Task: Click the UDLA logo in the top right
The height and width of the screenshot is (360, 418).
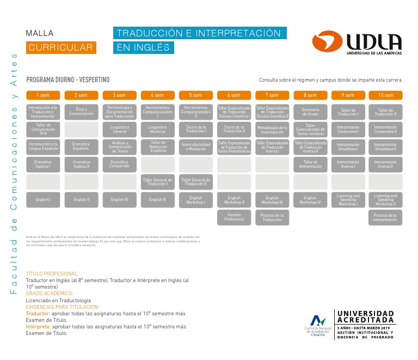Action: (x=357, y=42)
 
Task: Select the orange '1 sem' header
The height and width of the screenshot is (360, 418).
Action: (x=43, y=95)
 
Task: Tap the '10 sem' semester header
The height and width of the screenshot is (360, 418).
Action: (x=385, y=95)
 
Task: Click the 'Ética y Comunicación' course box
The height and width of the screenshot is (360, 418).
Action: (x=81, y=112)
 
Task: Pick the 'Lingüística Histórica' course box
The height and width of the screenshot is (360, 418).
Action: (x=157, y=129)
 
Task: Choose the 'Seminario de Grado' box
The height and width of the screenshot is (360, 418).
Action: (x=310, y=112)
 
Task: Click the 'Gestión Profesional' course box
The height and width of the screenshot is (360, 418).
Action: (x=234, y=217)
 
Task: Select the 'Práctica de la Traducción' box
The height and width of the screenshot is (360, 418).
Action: (x=272, y=217)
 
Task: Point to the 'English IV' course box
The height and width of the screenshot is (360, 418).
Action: (x=157, y=200)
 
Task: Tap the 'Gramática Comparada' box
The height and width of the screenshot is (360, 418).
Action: (x=119, y=164)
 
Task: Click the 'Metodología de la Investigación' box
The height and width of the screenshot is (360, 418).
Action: (x=272, y=129)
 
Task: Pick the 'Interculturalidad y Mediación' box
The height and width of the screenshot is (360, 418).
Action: (x=195, y=147)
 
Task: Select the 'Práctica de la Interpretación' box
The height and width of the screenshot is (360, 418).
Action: (x=385, y=217)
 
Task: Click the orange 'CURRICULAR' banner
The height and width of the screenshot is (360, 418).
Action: (x=61, y=47)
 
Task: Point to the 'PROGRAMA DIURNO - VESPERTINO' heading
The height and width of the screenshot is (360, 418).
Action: (x=68, y=80)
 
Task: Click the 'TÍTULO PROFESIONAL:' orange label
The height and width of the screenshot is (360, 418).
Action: (x=52, y=273)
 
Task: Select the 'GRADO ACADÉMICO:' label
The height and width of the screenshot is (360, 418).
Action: (x=50, y=294)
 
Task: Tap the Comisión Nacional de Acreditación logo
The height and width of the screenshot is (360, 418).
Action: (x=317, y=325)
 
